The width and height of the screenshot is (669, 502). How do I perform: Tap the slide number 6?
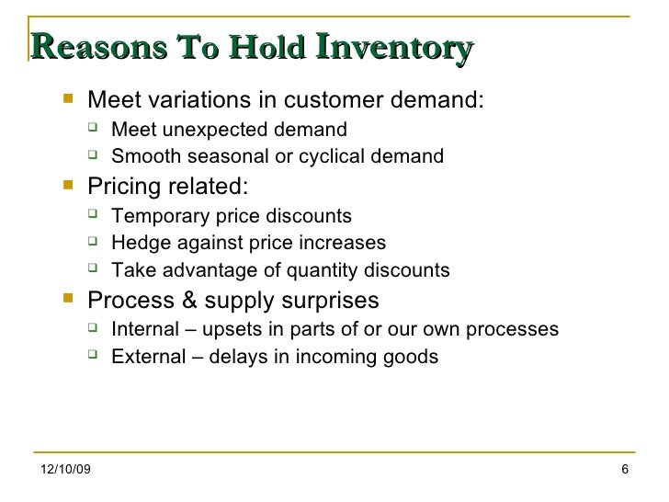click(625, 473)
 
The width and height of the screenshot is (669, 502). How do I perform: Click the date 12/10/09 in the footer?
click(67, 473)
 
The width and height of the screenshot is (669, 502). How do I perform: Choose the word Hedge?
click(135, 244)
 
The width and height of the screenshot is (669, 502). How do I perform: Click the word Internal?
click(142, 330)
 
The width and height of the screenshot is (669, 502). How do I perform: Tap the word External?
click(144, 357)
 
